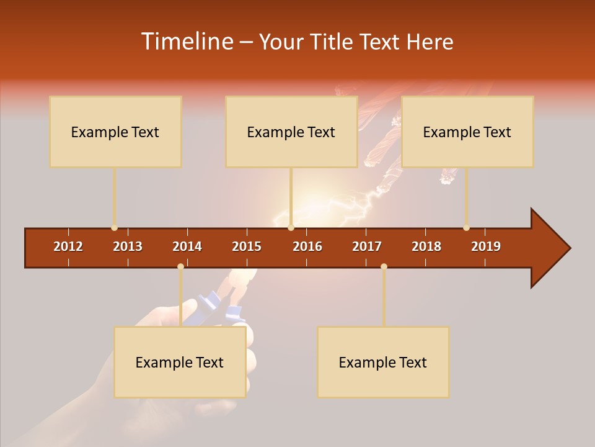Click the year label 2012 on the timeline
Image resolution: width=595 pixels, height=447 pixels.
coord(68,246)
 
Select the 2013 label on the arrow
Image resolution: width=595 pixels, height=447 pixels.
coord(128,246)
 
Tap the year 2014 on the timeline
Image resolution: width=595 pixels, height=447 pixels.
coord(187,246)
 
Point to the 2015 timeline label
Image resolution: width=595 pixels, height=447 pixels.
coord(247,246)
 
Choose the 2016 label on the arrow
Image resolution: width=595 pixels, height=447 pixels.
coord(307,246)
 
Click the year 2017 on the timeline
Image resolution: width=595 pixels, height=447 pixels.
coord(367,246)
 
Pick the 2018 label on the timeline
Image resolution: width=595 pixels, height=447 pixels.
coord(426,246)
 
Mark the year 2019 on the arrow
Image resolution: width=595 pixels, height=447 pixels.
coord(486,246)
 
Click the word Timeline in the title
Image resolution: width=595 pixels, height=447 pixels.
coord(186,42)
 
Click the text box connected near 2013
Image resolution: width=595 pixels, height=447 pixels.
coord(115,132)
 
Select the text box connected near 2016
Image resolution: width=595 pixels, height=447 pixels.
coord(291,132)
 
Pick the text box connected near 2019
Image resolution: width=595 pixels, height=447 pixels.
coord(467,132)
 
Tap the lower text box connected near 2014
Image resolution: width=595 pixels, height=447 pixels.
coord(180,362)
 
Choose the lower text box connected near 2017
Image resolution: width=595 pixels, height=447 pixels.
coord(383,362)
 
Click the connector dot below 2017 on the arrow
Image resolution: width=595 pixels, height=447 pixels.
coord(384,266)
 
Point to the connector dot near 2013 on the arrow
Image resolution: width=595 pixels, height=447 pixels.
coord(114,228)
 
